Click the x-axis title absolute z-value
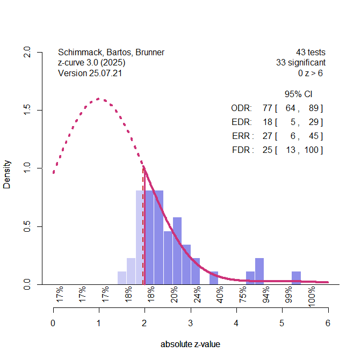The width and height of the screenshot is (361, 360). tap(190, 344)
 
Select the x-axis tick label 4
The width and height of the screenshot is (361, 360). tap(236, 324)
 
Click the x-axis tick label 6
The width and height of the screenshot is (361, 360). tap(328, 324)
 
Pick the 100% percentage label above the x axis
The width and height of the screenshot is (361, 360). tap(312, 295)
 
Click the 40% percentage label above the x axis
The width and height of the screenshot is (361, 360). tap(220, 295)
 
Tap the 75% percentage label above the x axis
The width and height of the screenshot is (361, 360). tap(243, 295)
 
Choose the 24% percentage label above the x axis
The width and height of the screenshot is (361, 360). tap(197, 295)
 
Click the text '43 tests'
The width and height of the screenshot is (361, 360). tap(311, 53)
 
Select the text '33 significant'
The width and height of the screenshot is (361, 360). tap(301, 63)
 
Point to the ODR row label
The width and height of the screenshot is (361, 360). tap(241, 108)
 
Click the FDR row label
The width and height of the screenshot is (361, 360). tap(242, 150)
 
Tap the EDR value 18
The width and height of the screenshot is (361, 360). tap(268, 122)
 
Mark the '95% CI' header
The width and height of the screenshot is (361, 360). tap(298, 94)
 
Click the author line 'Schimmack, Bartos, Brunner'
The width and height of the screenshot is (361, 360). tap(111, 53)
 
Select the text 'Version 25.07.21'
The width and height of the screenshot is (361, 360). tap(90, 73)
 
